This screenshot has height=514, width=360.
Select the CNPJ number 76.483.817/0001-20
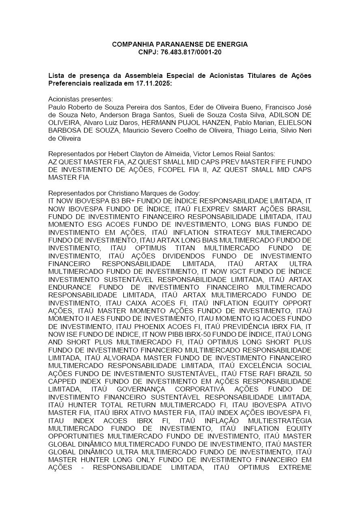click(191, 52)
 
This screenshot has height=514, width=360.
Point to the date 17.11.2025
click(156, 83)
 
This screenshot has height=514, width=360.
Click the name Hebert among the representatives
click(118, 154)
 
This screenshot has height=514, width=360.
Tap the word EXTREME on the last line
click(295, 467)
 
